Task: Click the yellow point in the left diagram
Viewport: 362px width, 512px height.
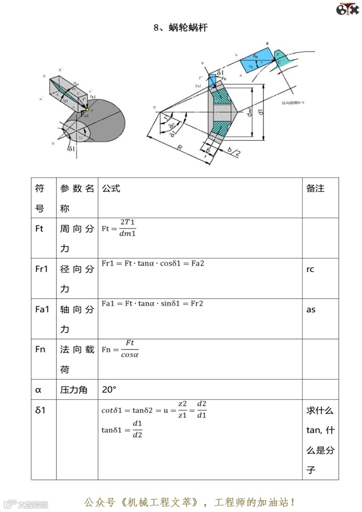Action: click(87, 110)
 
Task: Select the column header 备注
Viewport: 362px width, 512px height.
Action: click(315, 189)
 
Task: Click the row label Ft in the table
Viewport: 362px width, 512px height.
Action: click(40, 228)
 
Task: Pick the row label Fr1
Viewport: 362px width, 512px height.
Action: click(42, 269)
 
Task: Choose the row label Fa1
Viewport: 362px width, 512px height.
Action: click(42, 309)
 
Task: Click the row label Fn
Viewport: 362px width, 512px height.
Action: click(40, 350)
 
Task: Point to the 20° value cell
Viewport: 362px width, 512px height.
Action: click(109, 389)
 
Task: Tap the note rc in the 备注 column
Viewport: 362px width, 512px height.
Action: click(310, 269)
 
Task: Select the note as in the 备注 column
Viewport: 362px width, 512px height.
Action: click(311, 309)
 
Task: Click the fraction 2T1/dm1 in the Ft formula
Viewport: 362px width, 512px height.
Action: click(128, 228)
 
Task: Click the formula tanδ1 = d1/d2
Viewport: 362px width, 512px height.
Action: click(122, 429)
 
